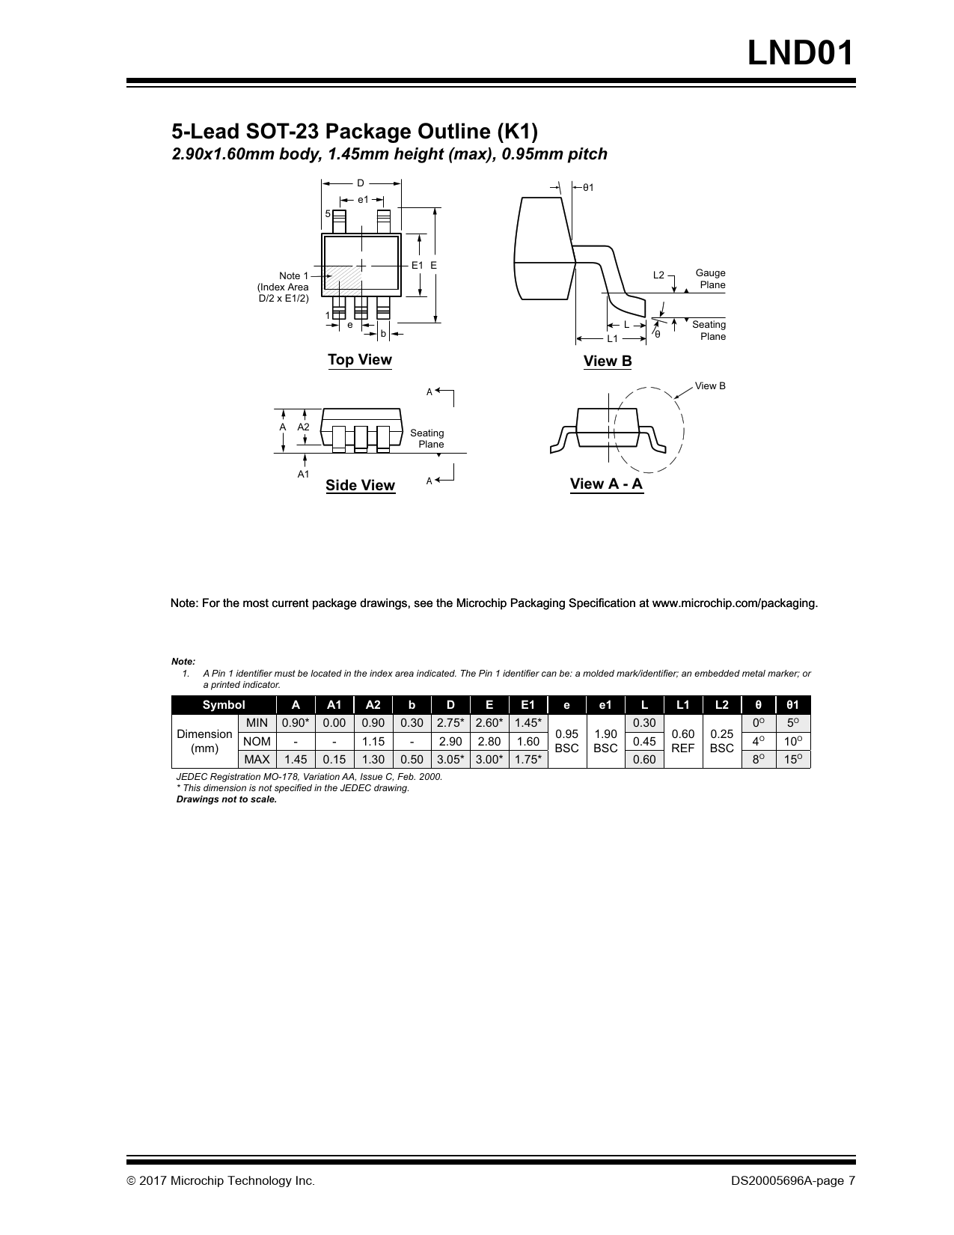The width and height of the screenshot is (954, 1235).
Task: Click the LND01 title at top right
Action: click(x=801, y=54)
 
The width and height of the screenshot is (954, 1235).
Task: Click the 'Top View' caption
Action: click(x=359, y=360)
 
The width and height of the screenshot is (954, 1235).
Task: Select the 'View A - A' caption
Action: click(x=606, y=484)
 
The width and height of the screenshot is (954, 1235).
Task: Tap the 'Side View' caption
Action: click(x=360, y=486)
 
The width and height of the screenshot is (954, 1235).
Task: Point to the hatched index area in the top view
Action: click(x=343, y=277)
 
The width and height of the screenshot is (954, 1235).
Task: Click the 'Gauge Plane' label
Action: click(x=710, y=279)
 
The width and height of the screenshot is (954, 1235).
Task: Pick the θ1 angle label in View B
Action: click(x=588, y=187)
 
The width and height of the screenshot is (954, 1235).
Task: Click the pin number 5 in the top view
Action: click(x=328, y=214)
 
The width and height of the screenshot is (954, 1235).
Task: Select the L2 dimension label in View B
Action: click(x=658, y=275)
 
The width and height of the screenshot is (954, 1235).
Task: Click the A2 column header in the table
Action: click(x=373, y=705)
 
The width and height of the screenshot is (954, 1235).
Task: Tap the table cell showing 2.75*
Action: click(x=450, y=723)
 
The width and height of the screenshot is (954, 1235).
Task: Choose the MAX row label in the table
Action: click(x=257, y=760)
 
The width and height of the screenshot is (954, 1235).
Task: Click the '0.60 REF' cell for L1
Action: click(x=683, y=741)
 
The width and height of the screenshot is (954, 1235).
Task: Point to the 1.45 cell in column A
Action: click(x=296, y=760)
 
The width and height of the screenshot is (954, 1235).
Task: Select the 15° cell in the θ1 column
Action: click(x=792, y=760)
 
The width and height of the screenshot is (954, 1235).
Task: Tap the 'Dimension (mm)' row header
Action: click(x=204, y=741)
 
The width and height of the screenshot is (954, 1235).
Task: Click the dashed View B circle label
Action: click(x=710, y=386)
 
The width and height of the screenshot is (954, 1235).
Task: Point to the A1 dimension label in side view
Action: click(x=303, y=475)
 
